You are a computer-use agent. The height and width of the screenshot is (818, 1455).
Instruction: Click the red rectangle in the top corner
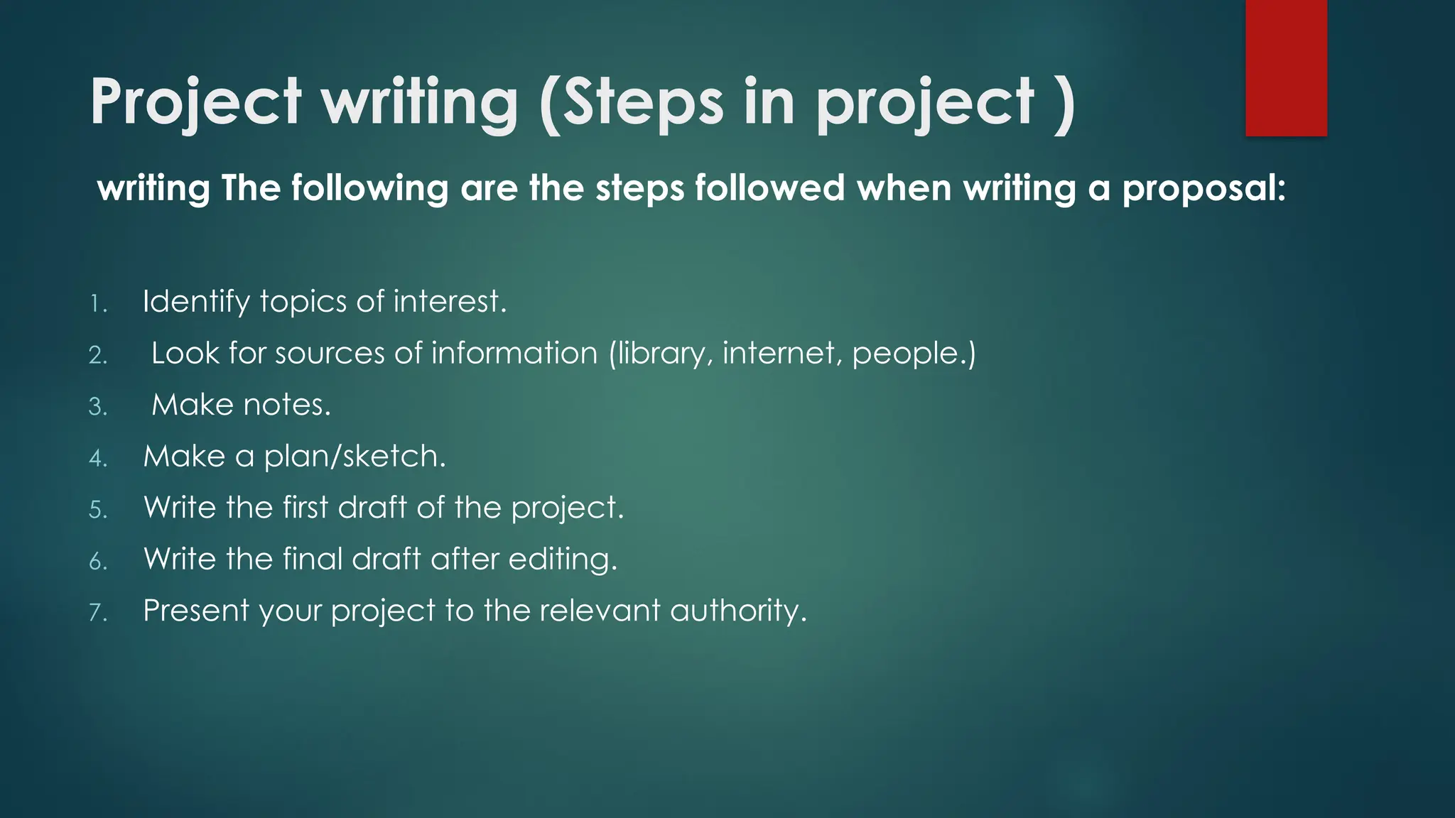[x=1286, y=67]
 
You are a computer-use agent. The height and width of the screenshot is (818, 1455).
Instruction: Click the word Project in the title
[x=196, y=103]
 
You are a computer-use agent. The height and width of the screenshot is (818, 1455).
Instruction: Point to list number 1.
[x=97, y=305]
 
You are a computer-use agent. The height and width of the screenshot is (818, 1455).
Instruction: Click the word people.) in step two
[x=914, y=354]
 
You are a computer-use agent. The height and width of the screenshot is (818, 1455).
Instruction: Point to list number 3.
[x=97, y=407]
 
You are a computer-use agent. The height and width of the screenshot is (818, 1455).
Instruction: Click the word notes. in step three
[x=287, y=405]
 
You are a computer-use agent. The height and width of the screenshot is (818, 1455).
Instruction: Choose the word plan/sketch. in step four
[x=355, y=457]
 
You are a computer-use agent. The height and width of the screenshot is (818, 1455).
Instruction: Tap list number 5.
[x=97, y=510]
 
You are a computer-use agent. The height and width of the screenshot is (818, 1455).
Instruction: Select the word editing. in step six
[x=563, y=560]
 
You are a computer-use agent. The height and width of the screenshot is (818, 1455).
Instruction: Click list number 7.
[x=97, y=613]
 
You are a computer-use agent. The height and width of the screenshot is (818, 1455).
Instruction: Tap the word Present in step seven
[x=196, y=611]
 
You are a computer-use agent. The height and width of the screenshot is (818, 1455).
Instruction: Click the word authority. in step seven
[x=738, y=611]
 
